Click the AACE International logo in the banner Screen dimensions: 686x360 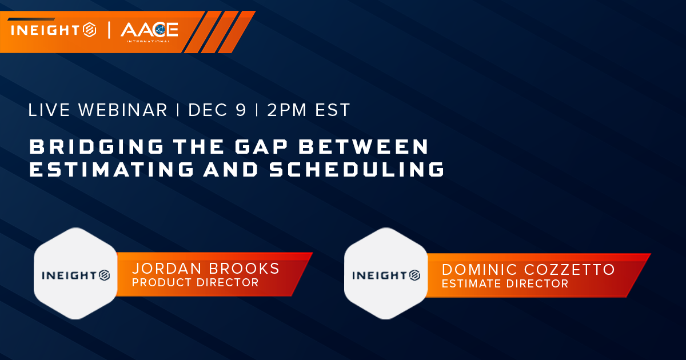149,32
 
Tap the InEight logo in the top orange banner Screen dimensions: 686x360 54,30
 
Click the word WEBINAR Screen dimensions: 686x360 123,110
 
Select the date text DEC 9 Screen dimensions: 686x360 217,110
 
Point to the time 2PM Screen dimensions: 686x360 287,110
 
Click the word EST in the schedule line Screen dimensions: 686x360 333,110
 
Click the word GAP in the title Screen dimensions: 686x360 261,146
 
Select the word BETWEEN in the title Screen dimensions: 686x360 364,146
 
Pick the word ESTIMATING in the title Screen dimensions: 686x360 111,169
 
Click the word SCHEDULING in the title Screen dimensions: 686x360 357,169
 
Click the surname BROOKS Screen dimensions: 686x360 245,269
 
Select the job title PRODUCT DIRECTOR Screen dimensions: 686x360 196,282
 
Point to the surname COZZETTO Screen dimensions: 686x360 569,270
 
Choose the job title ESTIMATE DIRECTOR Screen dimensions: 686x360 505,283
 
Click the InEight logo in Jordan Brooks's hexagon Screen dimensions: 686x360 76,275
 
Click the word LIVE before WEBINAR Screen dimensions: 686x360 49,110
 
